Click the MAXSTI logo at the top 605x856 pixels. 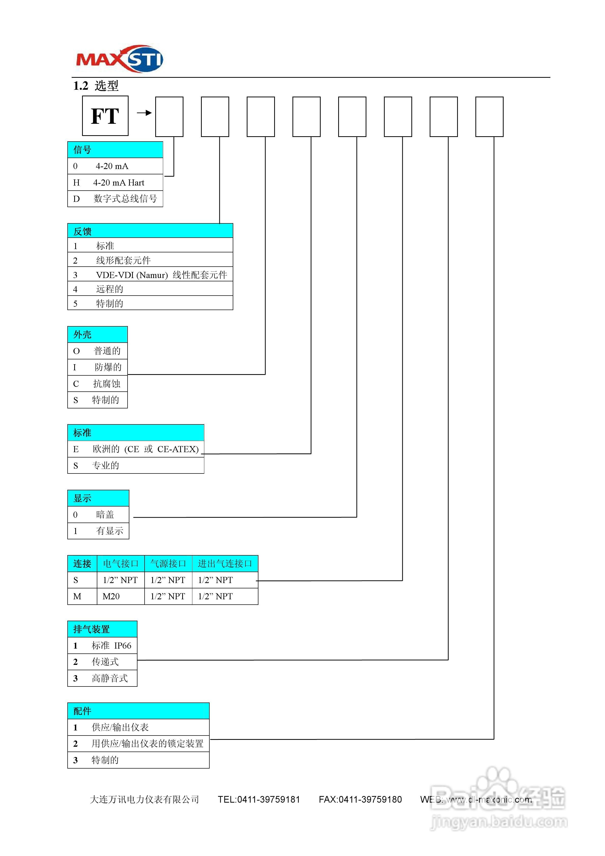[x=119, y=59]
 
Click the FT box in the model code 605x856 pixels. [x=105, y=116]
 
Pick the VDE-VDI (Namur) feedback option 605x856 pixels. [x=150, y=275]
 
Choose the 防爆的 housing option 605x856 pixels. [x=98, y=367]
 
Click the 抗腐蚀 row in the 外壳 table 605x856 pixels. [x=98, y=384]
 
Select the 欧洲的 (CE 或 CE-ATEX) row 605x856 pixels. [x=136, y=449]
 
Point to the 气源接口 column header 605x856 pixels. [x=168, y=564]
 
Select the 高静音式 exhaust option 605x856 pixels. [x=102, y=678]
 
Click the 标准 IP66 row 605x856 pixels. [x=102, y=645]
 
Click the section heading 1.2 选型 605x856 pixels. [x=96, y=86]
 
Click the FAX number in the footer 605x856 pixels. [x=360, y=799]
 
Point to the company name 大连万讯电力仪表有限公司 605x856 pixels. [x=144, y=799]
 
